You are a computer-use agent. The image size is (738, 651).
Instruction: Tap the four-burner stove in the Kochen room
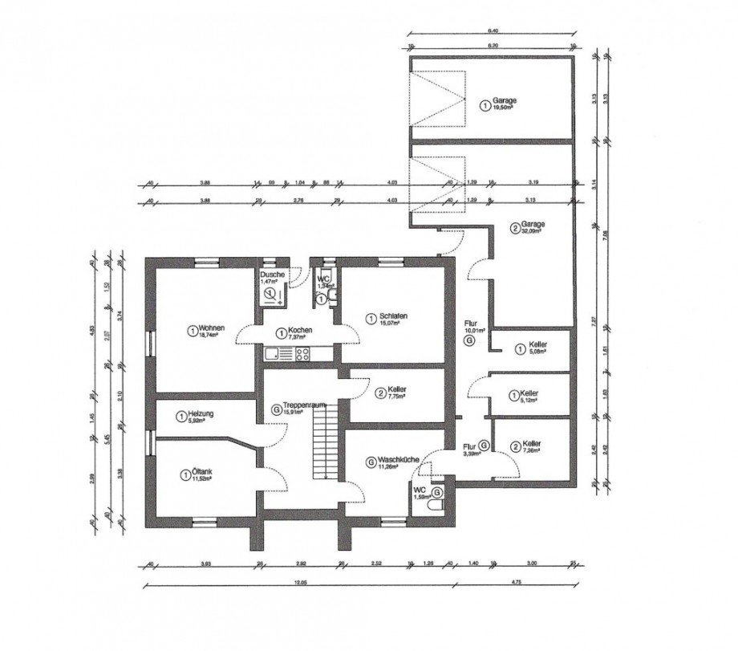(x=302, y=354)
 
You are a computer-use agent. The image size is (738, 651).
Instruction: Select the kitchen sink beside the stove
(x=275, y=354)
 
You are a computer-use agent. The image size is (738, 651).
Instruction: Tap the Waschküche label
(x=394, y=461)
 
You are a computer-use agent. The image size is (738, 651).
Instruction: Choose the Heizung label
(x=197, y=413)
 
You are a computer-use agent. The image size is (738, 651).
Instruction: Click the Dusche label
(x=272, y=275)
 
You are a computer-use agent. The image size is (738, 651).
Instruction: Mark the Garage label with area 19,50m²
(x=505, y=101)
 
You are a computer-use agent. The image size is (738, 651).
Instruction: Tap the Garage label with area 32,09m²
(x=532, y=224)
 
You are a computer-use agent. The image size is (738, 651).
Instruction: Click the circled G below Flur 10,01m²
(x=469, y=340)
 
